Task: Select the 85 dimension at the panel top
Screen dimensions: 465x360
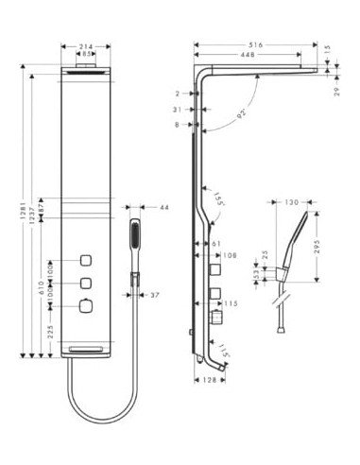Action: (87, 55)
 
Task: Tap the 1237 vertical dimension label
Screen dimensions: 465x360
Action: (33, 214)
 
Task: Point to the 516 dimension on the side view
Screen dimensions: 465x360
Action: (255, 43)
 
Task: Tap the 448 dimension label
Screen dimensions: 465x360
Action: (248, 55)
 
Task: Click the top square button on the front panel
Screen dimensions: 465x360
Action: (87, 260)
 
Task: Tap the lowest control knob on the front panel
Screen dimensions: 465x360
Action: (87, 305)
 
